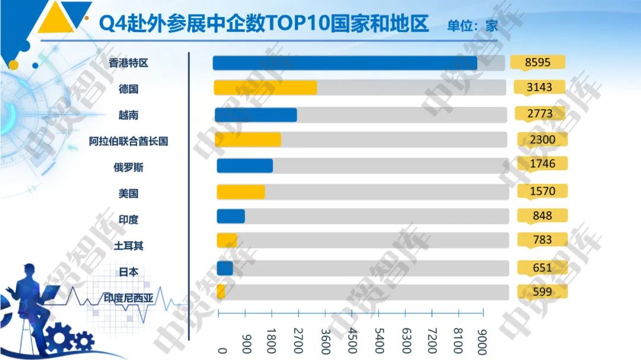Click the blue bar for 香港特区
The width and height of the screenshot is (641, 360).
pos(345,63)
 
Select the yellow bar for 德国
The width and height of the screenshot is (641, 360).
pos(265,88)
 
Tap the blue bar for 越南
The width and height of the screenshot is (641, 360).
pos(256,115)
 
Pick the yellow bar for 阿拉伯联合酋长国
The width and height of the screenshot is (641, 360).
pos(247,140)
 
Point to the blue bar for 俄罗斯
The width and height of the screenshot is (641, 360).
pos(245,165)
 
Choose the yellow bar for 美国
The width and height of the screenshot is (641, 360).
pos(240,192)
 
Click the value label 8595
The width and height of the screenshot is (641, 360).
pos(539,62)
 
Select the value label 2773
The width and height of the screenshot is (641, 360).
pos(539,113)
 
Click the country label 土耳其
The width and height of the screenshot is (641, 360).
pos(128,246)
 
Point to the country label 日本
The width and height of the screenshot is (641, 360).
pos(128,272)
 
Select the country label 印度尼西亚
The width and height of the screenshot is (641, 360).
pos(128,298)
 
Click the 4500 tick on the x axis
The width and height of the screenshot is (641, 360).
pos(353,340)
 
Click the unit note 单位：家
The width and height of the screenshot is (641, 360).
pos(472,26)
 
